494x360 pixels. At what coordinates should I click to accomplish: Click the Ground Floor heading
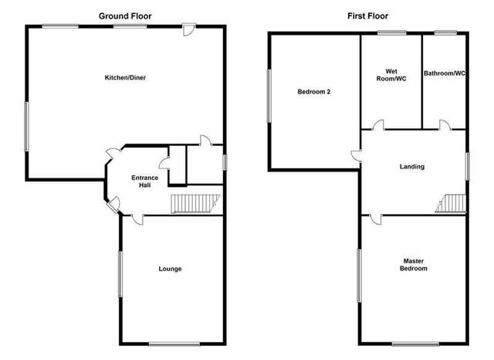(x=124, y=15)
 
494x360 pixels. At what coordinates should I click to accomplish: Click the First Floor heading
(x=367, y=15)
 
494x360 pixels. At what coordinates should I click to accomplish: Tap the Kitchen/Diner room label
(x=124, y=77)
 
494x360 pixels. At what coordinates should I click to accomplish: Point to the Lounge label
(x=170, y=269)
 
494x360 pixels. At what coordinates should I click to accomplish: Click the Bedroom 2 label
(x=314, y=92)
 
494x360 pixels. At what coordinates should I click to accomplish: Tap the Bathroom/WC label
(x=445, y=74)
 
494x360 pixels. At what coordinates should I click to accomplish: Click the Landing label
(x=411, y=167)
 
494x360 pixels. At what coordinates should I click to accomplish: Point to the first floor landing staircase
(x=452, y=203)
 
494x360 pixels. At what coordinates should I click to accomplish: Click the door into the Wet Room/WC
(x=378, y=126)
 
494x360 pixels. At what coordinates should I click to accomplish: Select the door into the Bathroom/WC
(x=445, y=126)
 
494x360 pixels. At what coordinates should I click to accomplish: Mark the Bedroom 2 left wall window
(x=269, y=96)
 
